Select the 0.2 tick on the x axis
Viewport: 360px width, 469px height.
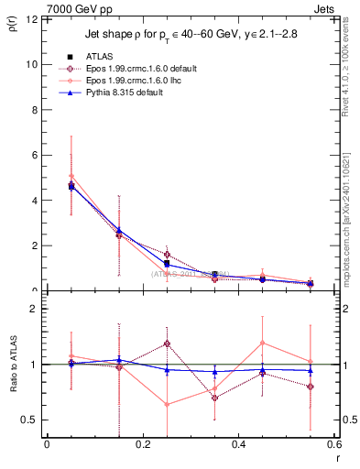click(x=142, y=444)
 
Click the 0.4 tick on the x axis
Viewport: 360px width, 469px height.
click(x=238, y=444)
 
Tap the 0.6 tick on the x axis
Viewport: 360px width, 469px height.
click(x=333, y=444)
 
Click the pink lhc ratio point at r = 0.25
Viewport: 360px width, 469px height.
click(x=167, y=404)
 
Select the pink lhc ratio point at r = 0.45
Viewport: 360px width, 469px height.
click(x=263, y=343)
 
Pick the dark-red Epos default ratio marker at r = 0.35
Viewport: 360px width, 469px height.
click(x=214, y=398)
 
